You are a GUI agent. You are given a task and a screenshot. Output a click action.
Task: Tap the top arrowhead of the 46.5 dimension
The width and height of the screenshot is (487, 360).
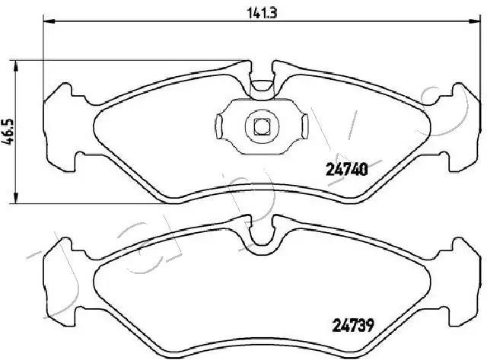pyautogui.click(x=18, y=64)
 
